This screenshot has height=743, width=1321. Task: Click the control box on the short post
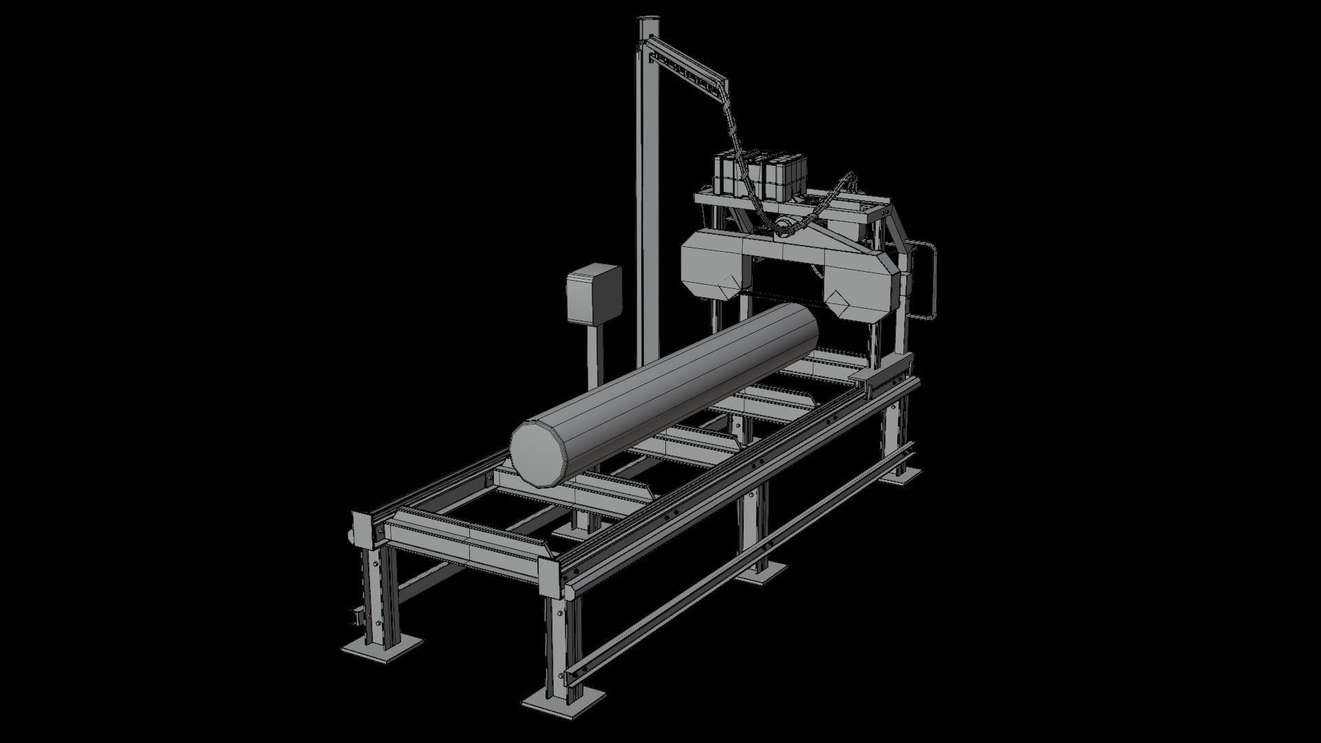pos(593,295)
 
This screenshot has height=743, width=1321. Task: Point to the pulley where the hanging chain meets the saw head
pos(784,226)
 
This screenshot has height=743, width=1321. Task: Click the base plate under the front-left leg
pos(383,647)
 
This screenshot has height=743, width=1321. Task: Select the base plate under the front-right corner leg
pos(564,698)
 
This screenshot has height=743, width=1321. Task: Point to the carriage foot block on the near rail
pos(869,379)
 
